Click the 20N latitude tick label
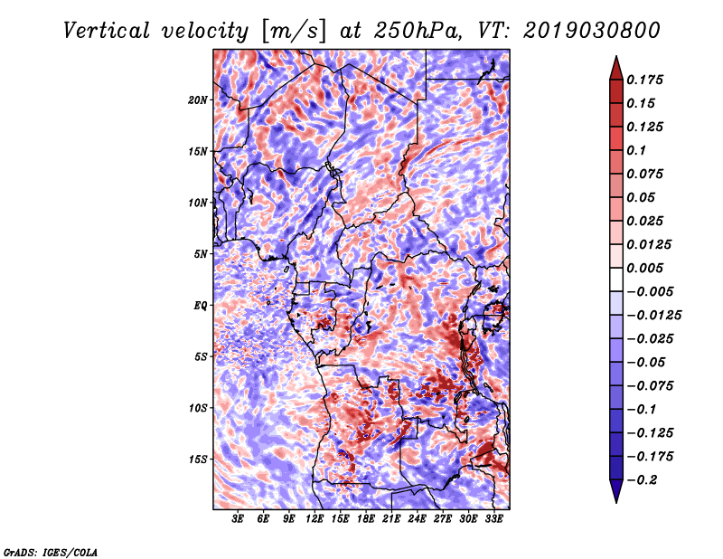click(197, 99)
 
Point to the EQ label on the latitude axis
click(200, 305)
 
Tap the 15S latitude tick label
click(197, 459)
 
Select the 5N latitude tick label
click(201, 254)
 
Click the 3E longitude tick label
click(238, 519)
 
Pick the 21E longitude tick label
click(391, 519)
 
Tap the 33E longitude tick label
click(493, 519)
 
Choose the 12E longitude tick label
click(315, 519)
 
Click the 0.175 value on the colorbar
click(644, 80)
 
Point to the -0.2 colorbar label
click(643, 480)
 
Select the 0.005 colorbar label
click(644, 268)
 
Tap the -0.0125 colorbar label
click(653, 316)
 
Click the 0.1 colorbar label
click(636, 150)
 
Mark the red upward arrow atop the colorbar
click(616, 68)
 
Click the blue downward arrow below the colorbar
click(616, 491)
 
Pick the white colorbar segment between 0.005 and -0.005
click(616, 279)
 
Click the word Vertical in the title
click(107, 31)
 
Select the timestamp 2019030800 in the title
click(592, 31)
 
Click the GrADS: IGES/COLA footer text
click(51, 553)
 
